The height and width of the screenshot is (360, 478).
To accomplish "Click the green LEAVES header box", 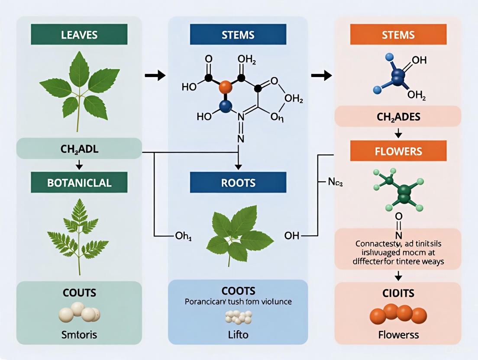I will point(79,34).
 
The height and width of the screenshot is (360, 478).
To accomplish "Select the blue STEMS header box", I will point(238,34).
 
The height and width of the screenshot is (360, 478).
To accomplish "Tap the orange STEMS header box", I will point(398,34).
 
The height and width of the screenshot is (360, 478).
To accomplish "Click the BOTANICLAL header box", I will point(79,182).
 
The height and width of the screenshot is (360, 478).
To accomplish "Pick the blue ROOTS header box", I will point(238,182).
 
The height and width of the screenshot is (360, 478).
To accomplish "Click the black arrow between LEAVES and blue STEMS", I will point(155,76).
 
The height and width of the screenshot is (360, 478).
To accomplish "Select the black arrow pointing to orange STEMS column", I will point(321,76).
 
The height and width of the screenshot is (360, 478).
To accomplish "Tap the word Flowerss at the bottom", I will point(398,335).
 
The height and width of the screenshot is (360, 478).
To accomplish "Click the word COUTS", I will point(79,292).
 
